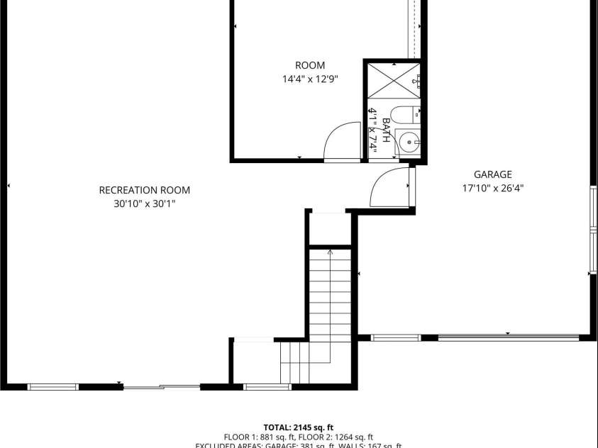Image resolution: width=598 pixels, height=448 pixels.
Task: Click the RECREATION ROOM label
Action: [x=144, y=190]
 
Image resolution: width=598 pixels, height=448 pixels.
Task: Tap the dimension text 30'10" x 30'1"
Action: [x=144, y=204]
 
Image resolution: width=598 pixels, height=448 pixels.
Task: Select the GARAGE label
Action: [x=492, y=174]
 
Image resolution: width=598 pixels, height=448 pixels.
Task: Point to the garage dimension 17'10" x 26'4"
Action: [x=492, y=189]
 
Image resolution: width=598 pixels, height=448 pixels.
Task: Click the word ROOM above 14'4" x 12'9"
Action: [x=310, y=66]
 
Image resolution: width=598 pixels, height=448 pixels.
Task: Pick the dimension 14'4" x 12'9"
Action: [x=310, y=79]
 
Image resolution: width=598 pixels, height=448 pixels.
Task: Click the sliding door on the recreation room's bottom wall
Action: [x=162, y=386]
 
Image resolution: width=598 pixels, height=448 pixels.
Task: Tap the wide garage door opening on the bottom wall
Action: [x=508, y=337]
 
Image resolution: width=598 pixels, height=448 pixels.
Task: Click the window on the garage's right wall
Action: [x=593, y=229]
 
